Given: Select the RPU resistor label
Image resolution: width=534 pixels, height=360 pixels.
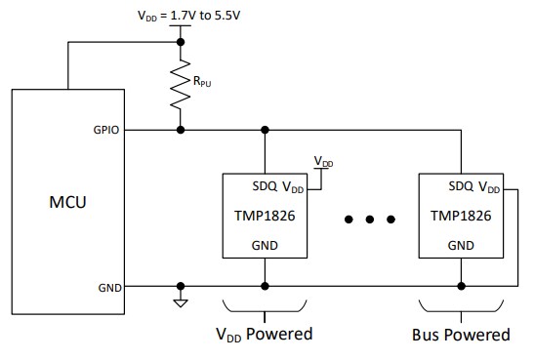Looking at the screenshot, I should (202, 84).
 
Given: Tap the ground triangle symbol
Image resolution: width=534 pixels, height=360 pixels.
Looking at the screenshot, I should (180, 301).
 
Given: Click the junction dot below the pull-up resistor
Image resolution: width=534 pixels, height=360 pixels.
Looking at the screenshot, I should (180, 130).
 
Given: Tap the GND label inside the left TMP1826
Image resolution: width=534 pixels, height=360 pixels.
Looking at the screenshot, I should (265, 246).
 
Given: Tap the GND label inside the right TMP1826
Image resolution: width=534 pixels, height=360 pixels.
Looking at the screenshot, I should (460, 246).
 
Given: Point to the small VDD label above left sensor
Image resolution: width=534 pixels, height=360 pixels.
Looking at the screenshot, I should (322, 160).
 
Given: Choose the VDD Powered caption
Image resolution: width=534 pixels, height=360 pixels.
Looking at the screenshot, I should (264, 335).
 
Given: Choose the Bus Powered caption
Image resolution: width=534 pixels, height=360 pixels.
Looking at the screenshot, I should (460, 335).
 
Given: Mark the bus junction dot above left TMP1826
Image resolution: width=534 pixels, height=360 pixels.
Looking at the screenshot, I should (265, 130).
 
